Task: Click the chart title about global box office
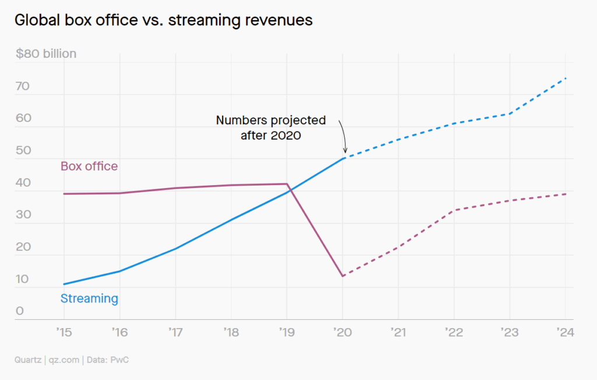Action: [164, 20]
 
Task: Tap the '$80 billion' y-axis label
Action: [46, 54]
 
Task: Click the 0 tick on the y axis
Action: [20, 311]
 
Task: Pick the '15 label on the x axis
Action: [64, 333]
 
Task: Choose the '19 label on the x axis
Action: [287, 333]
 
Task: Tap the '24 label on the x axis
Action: [566, 333]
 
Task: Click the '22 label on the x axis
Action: [454, 333]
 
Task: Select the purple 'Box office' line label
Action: [89, 166]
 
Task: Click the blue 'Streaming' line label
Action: [89, 299]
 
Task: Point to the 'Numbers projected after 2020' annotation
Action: [271, 127]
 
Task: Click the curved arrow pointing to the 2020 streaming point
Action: [342, 137]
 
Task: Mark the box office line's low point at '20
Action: [343, 276]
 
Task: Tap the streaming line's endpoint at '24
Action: [566, 78]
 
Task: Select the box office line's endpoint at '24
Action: [566, 194]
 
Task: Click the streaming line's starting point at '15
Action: [64, 284]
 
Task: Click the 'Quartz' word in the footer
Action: [28, 360]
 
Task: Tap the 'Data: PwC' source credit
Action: [108, 360]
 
